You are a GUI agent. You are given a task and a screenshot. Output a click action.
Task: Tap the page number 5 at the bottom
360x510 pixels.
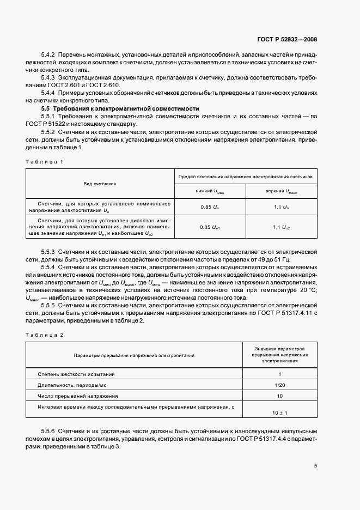315,466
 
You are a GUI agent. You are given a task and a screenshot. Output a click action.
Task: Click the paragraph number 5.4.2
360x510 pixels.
49,56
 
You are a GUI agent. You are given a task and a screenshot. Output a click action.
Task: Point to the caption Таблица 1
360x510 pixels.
45,162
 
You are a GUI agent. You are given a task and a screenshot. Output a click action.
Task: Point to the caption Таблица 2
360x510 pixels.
45,335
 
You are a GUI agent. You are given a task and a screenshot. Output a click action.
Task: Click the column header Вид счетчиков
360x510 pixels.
100,184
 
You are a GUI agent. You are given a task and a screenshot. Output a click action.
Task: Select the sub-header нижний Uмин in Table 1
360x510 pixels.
210,191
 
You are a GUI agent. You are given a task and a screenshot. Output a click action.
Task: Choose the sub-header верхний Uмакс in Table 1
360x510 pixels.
281,191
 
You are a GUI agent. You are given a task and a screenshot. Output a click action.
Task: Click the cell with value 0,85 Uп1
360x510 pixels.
210,226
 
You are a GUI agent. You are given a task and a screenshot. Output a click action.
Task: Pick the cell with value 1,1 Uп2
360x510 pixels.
281,226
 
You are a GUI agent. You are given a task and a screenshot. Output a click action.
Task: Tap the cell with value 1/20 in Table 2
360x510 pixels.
279,385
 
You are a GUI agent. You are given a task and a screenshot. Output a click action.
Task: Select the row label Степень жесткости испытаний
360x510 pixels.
76,374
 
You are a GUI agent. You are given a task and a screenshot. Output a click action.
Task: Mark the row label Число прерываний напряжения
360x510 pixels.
78,396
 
